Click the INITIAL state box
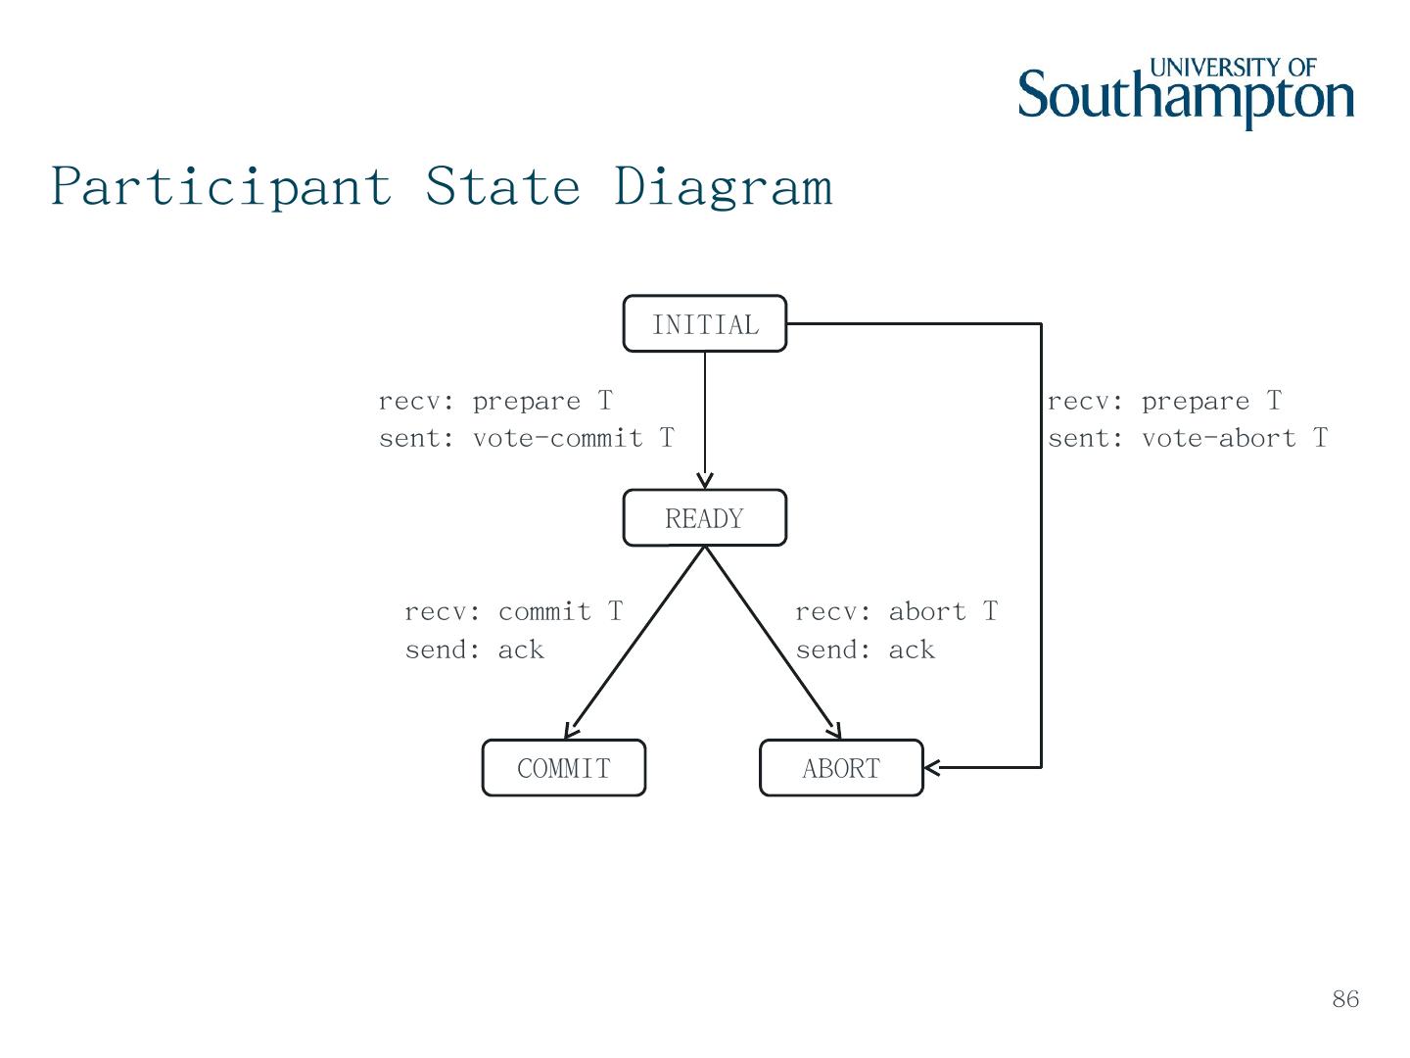tap(705, 323)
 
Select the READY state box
tap(705, 518)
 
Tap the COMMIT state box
tap(564, 768)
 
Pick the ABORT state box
tap(841, 768)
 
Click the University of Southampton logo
tap(1186, 93)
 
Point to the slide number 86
tap(1345, 999)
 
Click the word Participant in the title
tap(221, 186)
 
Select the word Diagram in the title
tap(724, 186)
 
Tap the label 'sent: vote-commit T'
tap(527, 438)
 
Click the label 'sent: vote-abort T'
tap(1188, 438)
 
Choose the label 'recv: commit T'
tap(514, 612)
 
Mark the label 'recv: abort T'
tap(897, 612)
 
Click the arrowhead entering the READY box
tap(705, 480)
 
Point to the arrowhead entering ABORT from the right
tap(932, 767)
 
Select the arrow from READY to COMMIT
tap(634, 642)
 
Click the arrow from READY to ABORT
tap(774, 642)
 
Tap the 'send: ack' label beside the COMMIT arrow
tap(475, 649)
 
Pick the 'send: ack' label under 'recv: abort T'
tap(866, 649)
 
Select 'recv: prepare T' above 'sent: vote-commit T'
tap(495, 402)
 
